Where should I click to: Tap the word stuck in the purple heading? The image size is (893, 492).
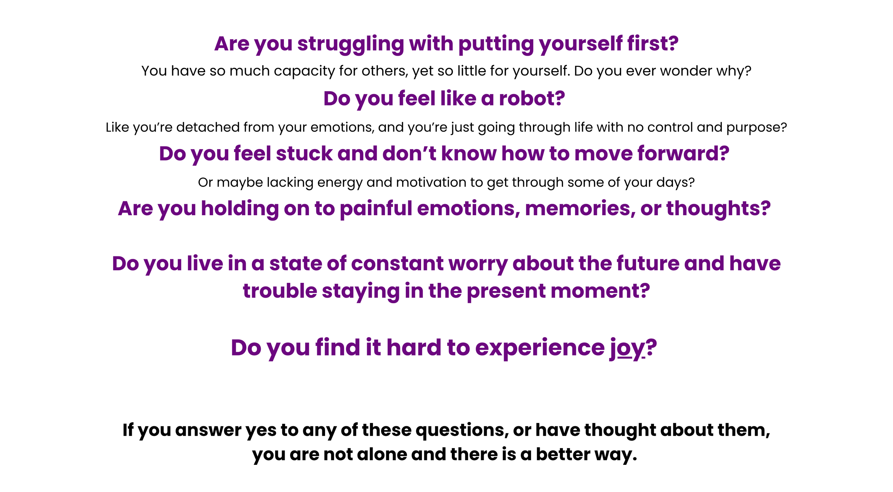pos(304,154)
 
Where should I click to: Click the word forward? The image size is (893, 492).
pos(683,154)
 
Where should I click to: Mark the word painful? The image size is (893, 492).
pos(376,209)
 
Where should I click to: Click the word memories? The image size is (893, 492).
pos(580,209)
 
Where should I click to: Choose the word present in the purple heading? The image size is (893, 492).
pos(506,291)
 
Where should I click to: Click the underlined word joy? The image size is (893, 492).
pos(627,348)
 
